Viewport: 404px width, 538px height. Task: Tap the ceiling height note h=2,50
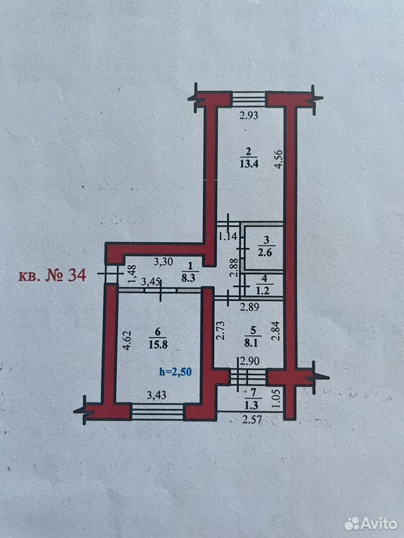click(x=176, y=372)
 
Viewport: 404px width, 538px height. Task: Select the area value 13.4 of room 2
click(x=249, y=163)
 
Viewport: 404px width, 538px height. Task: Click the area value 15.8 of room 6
click(x=158, y=344)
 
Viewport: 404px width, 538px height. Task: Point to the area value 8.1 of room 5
click(x=254, y=342)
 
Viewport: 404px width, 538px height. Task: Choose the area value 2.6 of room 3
click(x=265, y=253)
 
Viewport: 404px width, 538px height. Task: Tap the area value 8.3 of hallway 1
click(x=188, y=278)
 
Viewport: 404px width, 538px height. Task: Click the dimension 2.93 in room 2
click(x=249, y=115)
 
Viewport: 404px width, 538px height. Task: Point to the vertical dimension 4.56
click(x=279, y=159)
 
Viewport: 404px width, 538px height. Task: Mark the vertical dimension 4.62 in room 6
click(x=127, y=340)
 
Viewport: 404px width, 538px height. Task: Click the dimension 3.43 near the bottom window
click(x=157, y=396)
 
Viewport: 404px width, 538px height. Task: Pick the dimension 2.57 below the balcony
click(x=252, y=420)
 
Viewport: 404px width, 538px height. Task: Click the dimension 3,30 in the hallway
click(x=163, y=262)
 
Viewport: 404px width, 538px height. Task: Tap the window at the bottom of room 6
click(x=158, y=412)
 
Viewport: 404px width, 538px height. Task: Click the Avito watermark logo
click(x=371, y=523)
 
